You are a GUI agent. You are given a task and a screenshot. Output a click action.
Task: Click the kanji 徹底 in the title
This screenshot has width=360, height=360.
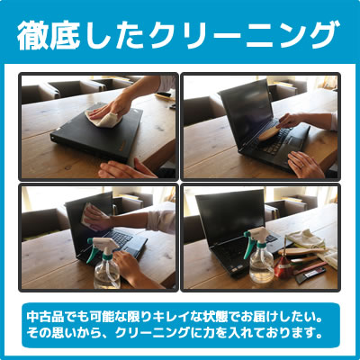(x=49, y=36)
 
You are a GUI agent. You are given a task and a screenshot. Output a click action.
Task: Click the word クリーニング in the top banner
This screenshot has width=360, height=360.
(x=245, y=35)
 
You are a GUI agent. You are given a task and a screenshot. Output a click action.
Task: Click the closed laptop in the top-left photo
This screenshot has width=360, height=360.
(x=97, y=132)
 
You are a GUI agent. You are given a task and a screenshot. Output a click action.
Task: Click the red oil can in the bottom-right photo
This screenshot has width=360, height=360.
(x=283, y=266)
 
